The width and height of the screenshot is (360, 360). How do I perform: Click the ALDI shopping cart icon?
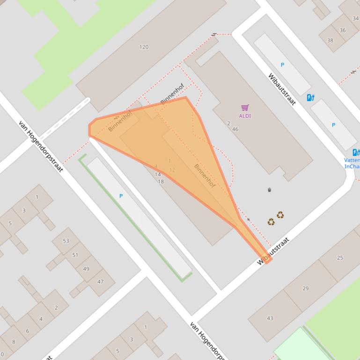(244, 108)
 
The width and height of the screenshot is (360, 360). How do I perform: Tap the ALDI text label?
(245, 116)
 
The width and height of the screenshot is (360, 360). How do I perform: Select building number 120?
(144, 47)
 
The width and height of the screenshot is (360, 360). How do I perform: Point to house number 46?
(235, 129)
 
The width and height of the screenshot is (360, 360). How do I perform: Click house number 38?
(330, 40)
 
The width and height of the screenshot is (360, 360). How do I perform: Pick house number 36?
(343, 30)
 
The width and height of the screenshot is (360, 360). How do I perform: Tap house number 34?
(355, 19)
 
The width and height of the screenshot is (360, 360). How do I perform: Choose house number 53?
(66, 241)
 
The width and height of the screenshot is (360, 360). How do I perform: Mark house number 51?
(75, 255)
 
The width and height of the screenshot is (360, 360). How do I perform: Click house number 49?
(86, 269)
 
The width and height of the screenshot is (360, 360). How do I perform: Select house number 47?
(100, 281)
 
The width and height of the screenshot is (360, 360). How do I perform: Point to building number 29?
(305, 288)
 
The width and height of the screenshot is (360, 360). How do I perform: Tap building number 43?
(270, 318)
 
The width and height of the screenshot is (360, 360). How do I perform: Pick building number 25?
(340, 258)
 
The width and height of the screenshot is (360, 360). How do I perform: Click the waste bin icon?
(269, 190)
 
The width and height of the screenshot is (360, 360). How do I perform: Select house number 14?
(158, 174)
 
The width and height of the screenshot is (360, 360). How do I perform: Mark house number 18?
(161, 181)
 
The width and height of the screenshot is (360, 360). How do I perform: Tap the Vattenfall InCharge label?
(352, 163)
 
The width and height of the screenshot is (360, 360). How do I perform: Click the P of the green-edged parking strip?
(121, 196)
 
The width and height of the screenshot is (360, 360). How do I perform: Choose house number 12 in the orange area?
(172, 170)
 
